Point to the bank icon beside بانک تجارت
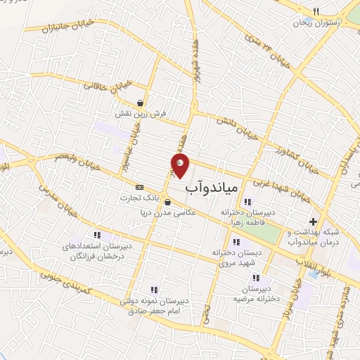coord(139,188)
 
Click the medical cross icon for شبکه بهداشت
coord(314,222)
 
